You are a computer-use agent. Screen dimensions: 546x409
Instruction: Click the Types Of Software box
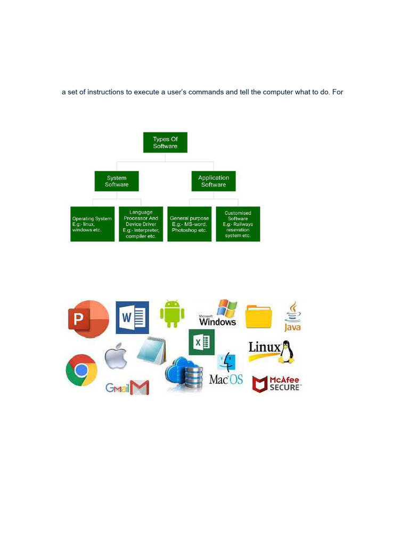tap(165, 142)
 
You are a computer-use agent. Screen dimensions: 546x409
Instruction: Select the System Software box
tap(117, 181)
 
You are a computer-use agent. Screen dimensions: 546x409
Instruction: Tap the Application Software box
tap(213, 181)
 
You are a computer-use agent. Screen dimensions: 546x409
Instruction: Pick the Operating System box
tap(93, 224)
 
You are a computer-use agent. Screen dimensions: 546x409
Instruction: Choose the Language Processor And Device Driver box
tap(141, 224)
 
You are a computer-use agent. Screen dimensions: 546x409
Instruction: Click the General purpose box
tap(190, 224)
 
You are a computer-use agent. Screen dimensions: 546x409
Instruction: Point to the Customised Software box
tap(238, 224)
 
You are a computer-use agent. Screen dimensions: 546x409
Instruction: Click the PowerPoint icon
tap(87, 319)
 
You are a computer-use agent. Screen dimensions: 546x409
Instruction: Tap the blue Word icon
tap(132, 317)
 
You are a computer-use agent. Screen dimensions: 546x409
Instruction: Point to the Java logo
tap(292, 316)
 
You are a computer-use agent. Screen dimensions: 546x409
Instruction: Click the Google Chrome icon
tap(81, 370)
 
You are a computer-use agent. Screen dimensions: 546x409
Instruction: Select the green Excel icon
tap(201, 342)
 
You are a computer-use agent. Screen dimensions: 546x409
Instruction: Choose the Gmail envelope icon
tap(139, 388)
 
